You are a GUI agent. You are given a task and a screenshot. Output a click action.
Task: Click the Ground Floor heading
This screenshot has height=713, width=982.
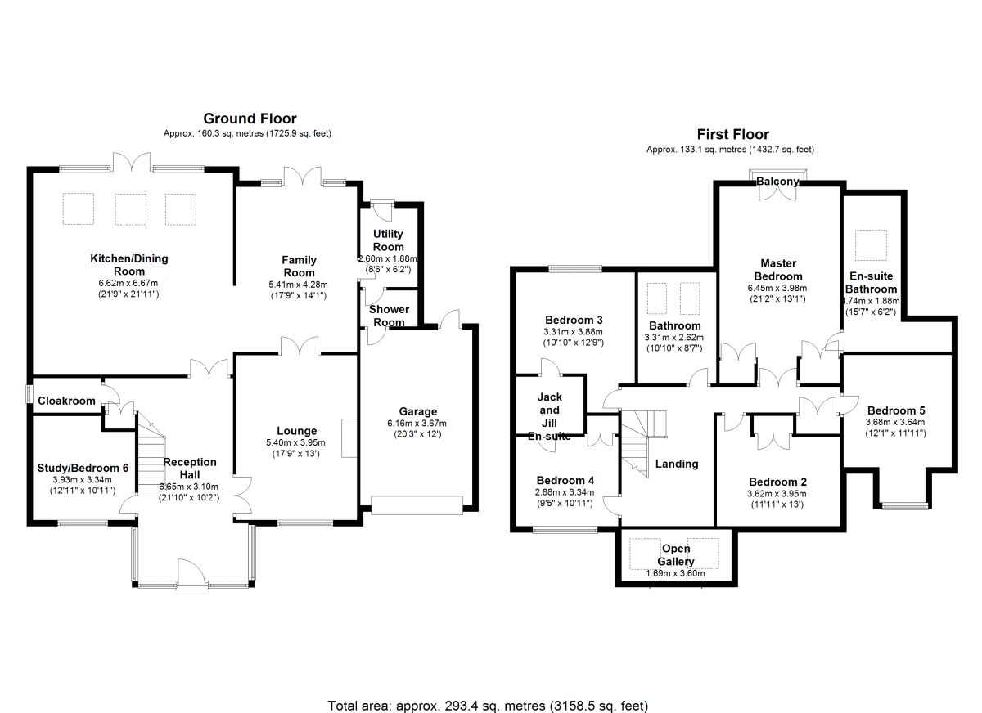[250, 119]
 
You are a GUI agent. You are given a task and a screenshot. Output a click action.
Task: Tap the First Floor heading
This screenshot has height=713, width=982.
[732, 135]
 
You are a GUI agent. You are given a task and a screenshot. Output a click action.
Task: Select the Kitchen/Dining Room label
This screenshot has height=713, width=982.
[128, 265]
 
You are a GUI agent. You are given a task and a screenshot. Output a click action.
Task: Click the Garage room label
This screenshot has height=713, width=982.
[418, 411]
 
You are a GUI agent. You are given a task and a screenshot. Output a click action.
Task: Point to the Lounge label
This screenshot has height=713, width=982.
[296, 431]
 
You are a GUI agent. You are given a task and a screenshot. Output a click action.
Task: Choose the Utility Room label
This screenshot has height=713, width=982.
[388, 240]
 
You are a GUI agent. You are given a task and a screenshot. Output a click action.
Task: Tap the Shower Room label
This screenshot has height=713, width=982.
[389, 316]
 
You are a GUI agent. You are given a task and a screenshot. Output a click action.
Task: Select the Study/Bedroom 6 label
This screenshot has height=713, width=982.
[83, 468]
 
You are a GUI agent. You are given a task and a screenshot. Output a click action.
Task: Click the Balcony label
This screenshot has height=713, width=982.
[777, 181]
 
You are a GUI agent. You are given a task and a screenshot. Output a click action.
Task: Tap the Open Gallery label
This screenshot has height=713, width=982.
[677, 555]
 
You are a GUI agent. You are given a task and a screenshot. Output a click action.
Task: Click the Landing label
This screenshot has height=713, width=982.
[677, 464]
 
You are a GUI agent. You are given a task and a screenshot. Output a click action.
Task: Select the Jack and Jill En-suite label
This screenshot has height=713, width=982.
[549, 417]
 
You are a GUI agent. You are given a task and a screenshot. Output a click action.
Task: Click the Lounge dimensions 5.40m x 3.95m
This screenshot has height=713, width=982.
[296, 442]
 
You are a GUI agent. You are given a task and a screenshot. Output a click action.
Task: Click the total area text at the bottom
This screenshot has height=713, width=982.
[488, 704]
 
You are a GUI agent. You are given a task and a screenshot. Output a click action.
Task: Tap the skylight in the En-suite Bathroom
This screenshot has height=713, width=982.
[867, 243]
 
